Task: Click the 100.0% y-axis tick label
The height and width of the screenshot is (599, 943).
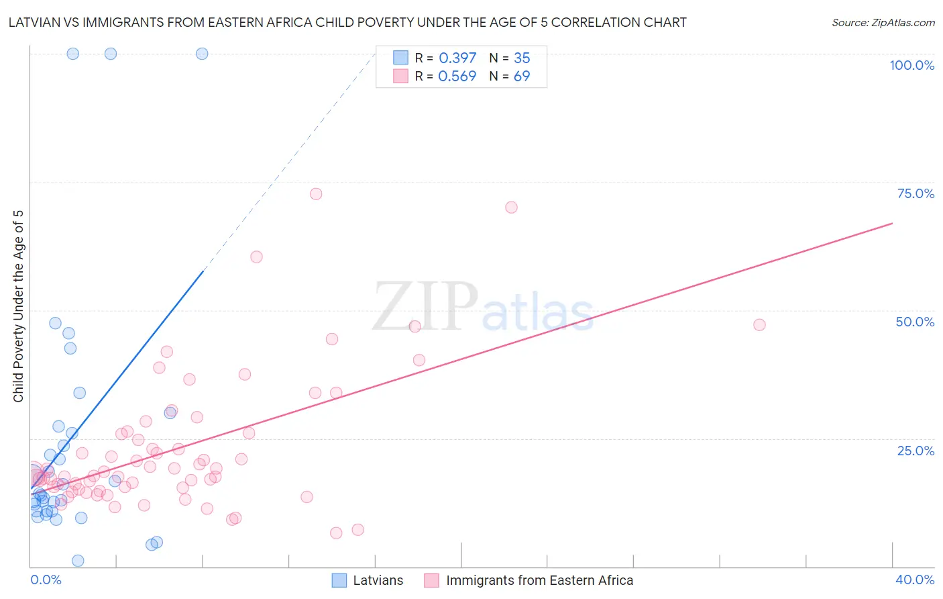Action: point(911,65)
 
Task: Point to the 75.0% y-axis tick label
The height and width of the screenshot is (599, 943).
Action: point(916,193)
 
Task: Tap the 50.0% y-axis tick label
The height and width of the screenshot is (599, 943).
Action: point(915,322)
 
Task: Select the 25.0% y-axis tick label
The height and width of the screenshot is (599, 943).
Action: point(916,450)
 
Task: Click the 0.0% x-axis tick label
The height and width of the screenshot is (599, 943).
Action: point(46,580)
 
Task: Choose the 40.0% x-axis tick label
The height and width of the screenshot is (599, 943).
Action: point(915,580)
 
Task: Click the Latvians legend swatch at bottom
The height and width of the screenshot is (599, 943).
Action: point(339,580)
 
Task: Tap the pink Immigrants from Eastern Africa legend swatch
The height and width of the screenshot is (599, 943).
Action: point(431,580)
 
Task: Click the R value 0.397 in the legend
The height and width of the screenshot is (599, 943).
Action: point(457,58)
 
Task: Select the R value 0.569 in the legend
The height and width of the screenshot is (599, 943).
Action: point(457,77)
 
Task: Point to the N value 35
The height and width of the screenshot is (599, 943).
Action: point(522,58)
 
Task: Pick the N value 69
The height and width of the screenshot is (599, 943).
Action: point(522,77)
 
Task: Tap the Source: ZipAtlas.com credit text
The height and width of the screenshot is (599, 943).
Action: point(883,22)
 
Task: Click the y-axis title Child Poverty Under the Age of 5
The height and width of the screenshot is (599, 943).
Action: point(18,306)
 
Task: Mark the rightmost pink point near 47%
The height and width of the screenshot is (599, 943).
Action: point(759,325)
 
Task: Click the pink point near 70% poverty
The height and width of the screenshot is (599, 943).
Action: point(511,208)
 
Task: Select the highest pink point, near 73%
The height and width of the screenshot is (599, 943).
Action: point(316,194)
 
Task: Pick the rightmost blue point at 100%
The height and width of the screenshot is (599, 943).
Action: point(202,54)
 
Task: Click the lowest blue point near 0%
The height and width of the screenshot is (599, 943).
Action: point(78,561)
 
